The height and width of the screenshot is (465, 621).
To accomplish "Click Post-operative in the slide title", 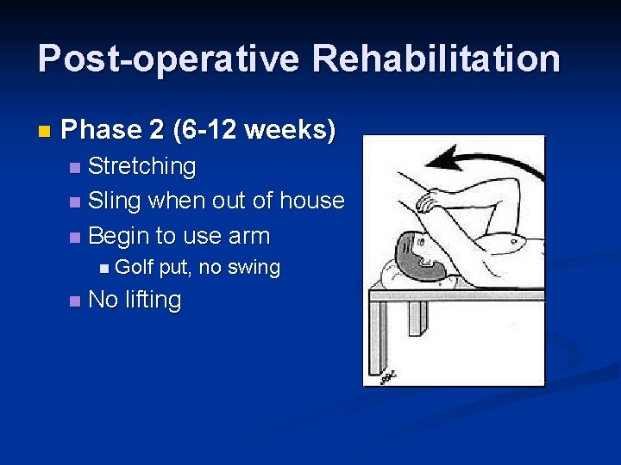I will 169,59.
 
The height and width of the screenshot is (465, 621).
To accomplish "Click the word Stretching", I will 141,165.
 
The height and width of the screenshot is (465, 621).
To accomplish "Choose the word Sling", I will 115,201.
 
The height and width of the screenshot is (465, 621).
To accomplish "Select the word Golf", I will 134,268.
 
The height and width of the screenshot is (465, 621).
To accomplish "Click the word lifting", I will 154,301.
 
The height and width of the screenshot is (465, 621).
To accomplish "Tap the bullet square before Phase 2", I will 45,132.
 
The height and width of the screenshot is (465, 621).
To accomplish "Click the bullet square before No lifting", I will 75,301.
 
